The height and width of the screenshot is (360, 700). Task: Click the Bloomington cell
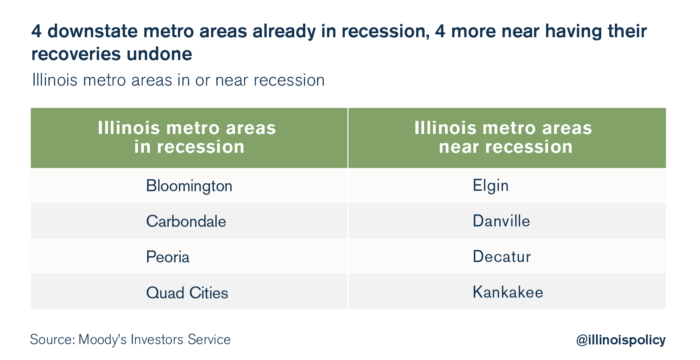[189, 186]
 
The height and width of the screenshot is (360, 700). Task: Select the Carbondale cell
[189, 221]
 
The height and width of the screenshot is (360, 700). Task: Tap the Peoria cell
[189, 256]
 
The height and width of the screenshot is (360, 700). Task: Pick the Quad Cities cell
[189, 292]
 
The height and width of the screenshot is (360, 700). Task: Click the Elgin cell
[507, 186]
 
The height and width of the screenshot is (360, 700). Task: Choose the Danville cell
[507, 221]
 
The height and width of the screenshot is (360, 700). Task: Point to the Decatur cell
[507, 256]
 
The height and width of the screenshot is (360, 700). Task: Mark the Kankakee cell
[507, 292]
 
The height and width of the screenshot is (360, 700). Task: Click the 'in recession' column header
[189, 138]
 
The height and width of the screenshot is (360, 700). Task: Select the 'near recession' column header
[507, 138]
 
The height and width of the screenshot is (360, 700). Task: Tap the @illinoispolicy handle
[621, 340]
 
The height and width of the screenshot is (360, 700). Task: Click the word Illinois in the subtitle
[55, 80]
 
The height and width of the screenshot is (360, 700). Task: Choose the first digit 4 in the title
[36, 31]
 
